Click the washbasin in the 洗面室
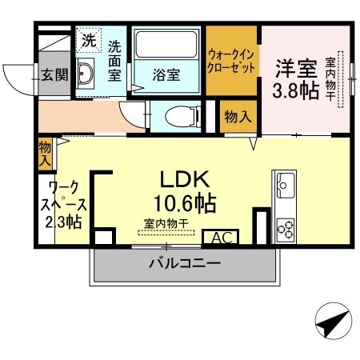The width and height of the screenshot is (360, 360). (88, 74)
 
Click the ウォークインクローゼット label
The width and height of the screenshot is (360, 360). (232, 62)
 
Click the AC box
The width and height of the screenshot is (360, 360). (222, 238)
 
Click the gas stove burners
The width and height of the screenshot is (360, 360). (285, 228)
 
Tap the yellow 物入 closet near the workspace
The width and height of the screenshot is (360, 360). (45, 153)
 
